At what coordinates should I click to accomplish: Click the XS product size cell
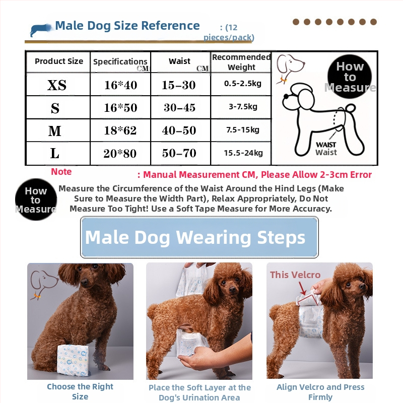point(58,85)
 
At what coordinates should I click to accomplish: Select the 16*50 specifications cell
point(120,107)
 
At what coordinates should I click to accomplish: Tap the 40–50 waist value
point(179,130)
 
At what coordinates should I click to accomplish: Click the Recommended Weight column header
point(241,62)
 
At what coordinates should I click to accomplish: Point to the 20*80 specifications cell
point(120,153)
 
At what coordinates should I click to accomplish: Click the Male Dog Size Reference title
point(127,26)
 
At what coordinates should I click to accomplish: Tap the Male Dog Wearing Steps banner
point(199,237)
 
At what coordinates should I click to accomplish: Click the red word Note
point(61,171)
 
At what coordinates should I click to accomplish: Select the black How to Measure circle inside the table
point(350,77)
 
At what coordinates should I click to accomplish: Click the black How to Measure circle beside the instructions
point(36,199)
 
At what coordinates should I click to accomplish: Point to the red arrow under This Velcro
point(302,288)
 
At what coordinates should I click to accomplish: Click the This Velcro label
point(295,275)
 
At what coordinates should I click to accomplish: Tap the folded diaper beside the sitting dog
point(73,360)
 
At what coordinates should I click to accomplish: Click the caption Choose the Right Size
point(80,391)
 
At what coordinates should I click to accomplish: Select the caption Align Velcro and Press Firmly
point(320,392)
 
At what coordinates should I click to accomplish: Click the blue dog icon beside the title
point(40,30)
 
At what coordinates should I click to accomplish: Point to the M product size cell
point(58,130)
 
